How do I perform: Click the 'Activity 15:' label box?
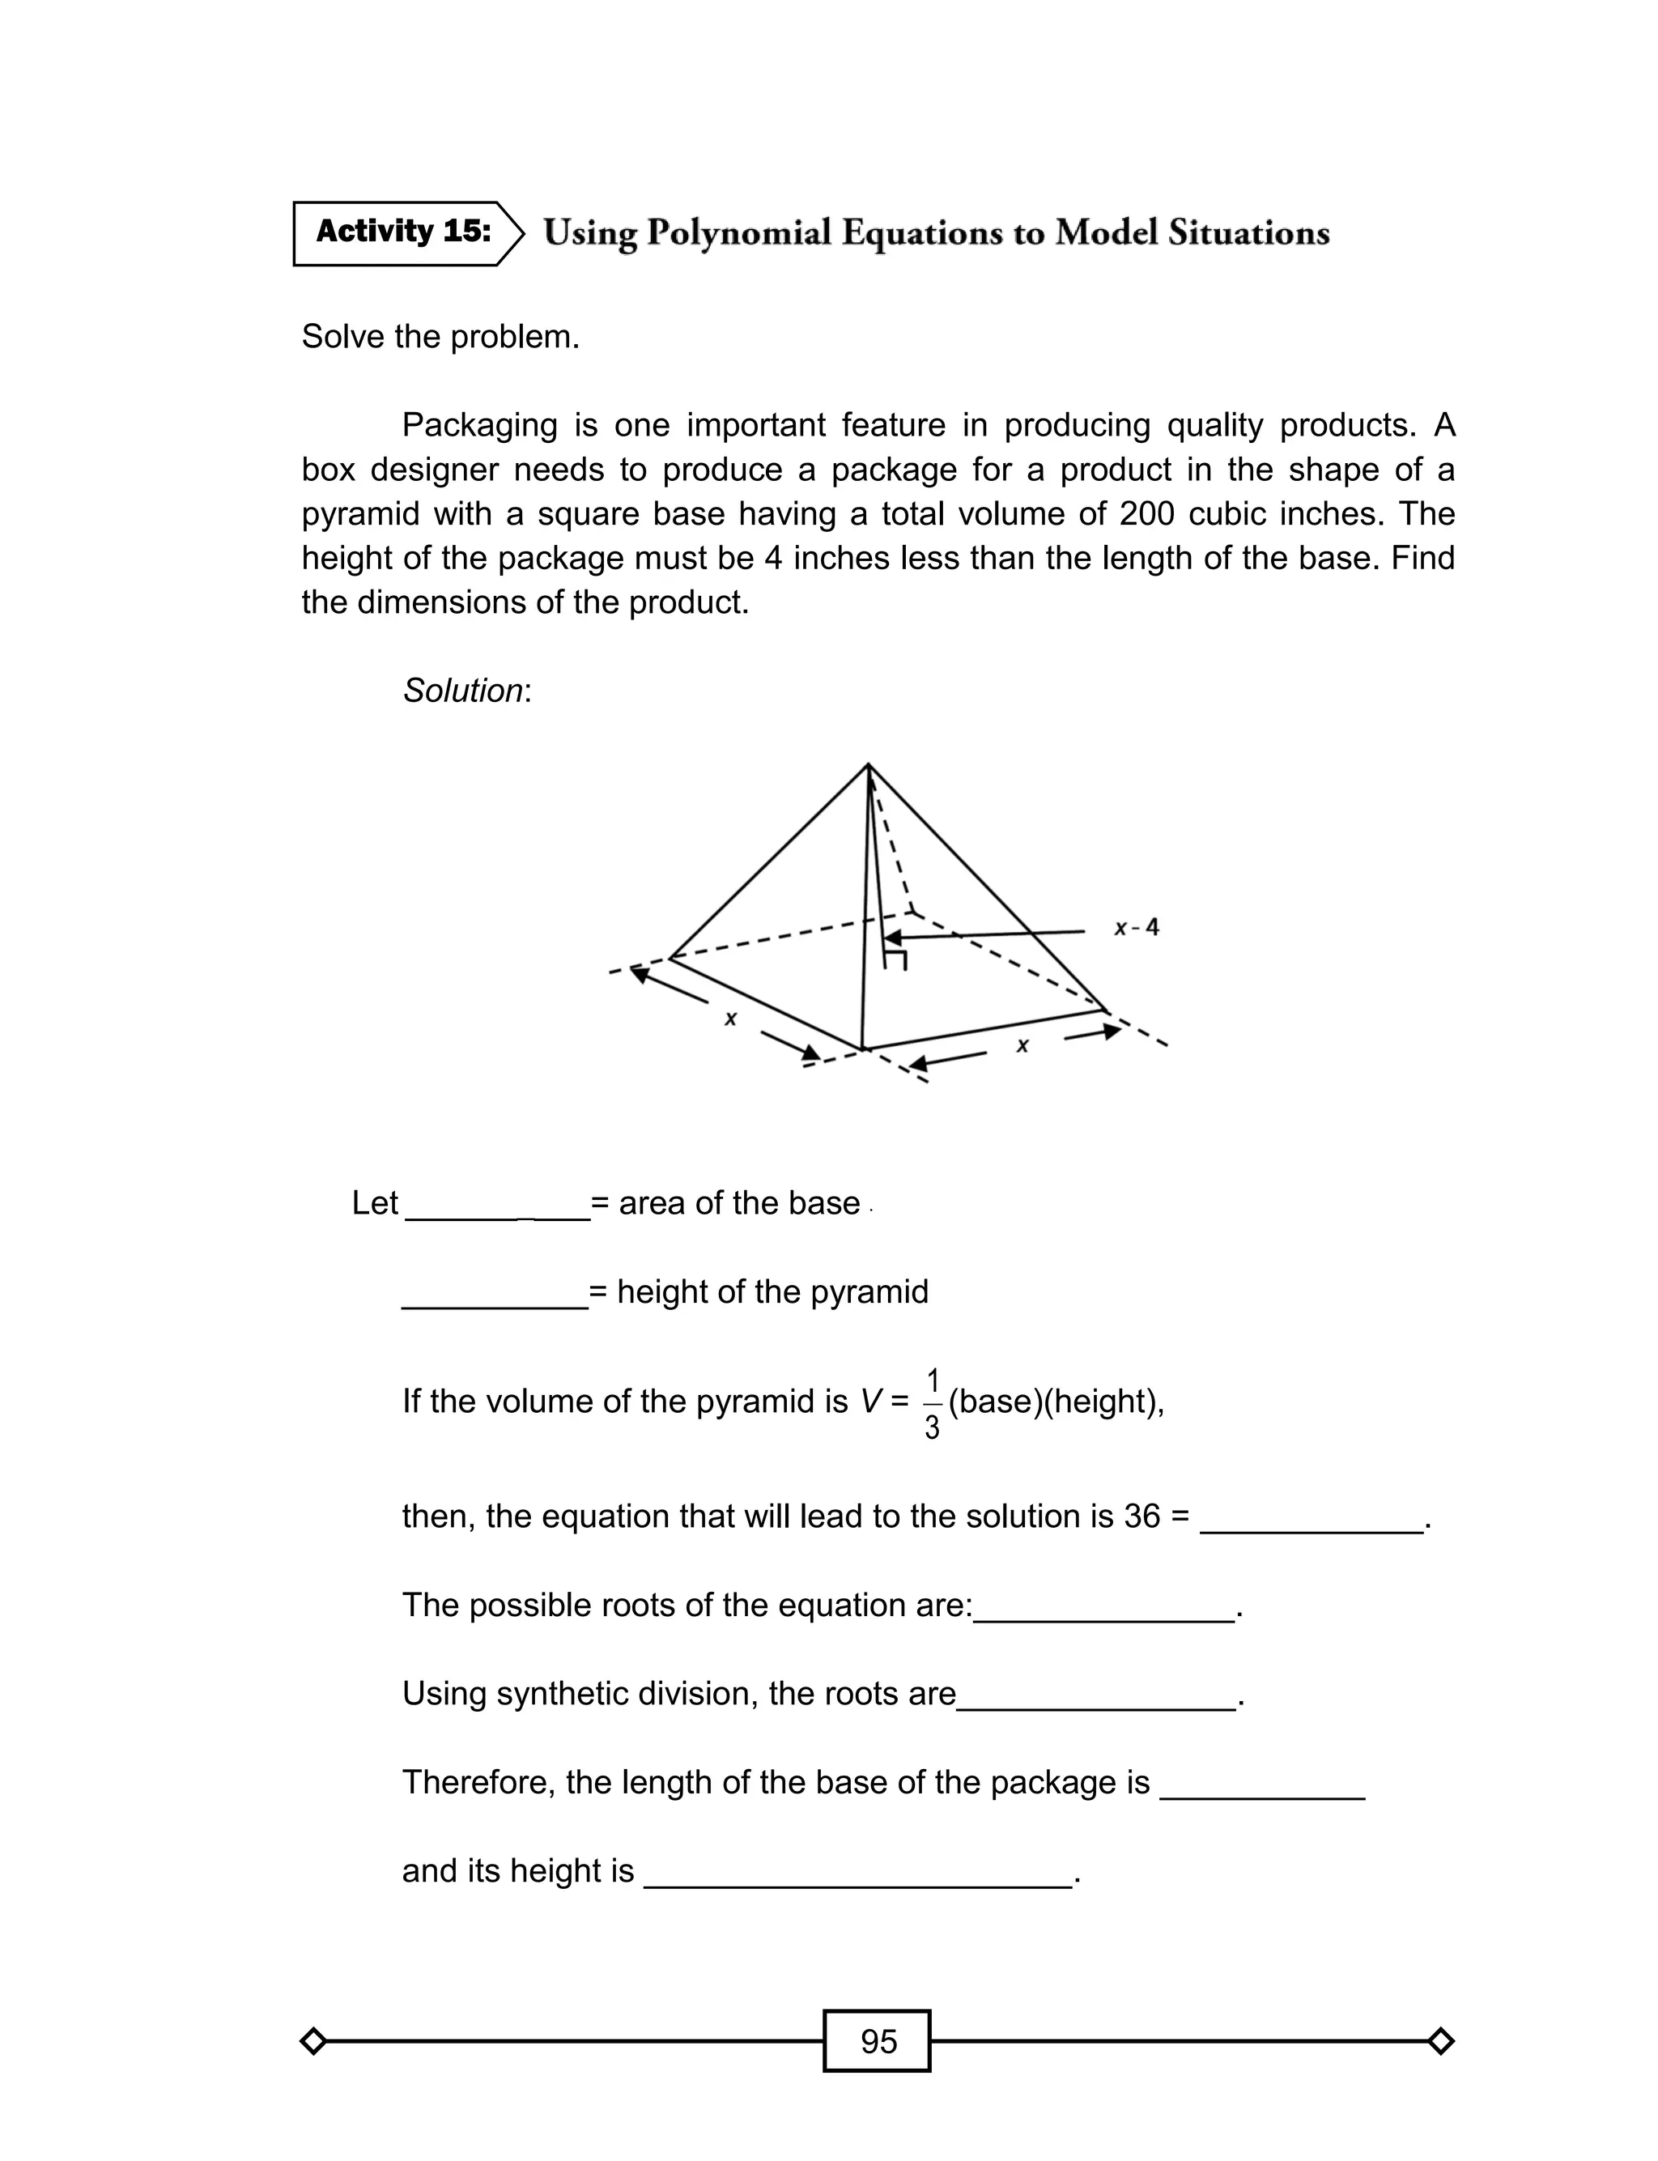[402, 233]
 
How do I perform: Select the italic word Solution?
[463, 691]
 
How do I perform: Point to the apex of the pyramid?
[868, 765]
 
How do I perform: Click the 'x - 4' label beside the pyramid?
[1136, 928]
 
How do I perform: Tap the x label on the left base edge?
[730, 1019]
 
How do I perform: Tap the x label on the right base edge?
[1022, 1045]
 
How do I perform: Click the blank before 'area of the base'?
[497, 1206]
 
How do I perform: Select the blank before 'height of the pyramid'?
[495, 1294]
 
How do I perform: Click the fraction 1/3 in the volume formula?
[932, 1403]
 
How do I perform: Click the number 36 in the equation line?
[1141, 1516]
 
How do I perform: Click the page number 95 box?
[878, 2040]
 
